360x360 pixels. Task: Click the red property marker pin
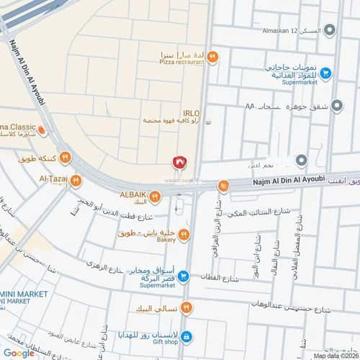(x=181, y=162)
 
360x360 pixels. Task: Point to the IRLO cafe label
(x=192, y=113)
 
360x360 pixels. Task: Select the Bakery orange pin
(x=185, y=234)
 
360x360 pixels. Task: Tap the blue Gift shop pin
(x=186, y=336)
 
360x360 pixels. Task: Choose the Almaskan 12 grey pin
(x=330, y=30)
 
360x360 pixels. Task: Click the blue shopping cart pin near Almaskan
(x=325, y=72)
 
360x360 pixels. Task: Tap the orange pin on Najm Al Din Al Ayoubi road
(x=225, y=186)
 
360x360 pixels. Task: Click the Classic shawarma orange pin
(x=42, y=131)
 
